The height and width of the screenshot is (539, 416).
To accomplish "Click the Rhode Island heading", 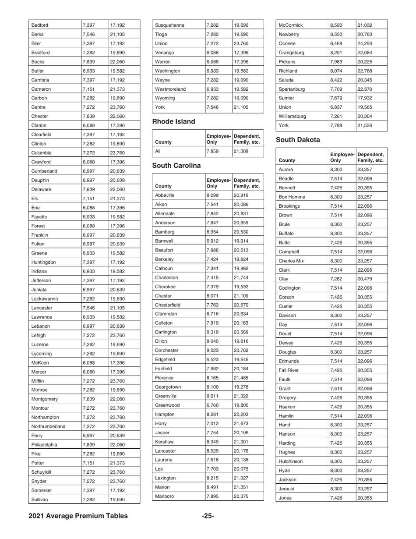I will (173, 121).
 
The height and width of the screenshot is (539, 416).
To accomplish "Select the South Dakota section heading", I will (298, 140).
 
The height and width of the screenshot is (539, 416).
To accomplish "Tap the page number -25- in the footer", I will (208, 516).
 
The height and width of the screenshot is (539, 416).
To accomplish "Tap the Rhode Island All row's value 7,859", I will (212, 151).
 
